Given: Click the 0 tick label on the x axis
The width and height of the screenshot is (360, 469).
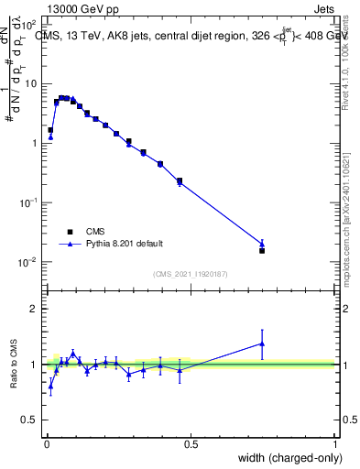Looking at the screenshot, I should [x=46, y=444].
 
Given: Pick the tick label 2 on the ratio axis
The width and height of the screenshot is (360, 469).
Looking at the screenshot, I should [x=36, y=309].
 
